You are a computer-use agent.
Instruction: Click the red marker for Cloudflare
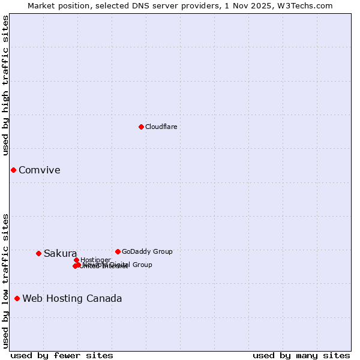(x=141, y=127)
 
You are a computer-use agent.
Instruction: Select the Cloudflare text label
(x=161, y=127)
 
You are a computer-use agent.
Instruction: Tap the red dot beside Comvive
(x=13, y=170)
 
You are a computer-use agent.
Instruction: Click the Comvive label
(x=39, y=170)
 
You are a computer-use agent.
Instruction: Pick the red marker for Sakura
(x=38, y=253)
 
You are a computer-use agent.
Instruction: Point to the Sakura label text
(x=60, y=253)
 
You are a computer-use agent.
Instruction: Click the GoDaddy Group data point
(x=118, y=251)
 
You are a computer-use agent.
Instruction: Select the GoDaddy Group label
(x=147, y=251)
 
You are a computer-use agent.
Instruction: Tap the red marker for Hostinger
(x=76, y=260)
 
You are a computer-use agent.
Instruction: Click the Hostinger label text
(x=95, y=260)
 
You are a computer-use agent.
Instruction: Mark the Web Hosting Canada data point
(x=17, y=298)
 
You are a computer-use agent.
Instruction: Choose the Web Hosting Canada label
(x=72, y=299)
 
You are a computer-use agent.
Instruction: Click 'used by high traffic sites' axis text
(x=5, y=85)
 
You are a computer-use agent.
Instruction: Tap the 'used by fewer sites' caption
(x=62, y=355)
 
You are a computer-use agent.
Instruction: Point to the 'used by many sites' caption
(x=301, y=355)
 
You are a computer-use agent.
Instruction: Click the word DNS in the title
(x=141, y=5)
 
